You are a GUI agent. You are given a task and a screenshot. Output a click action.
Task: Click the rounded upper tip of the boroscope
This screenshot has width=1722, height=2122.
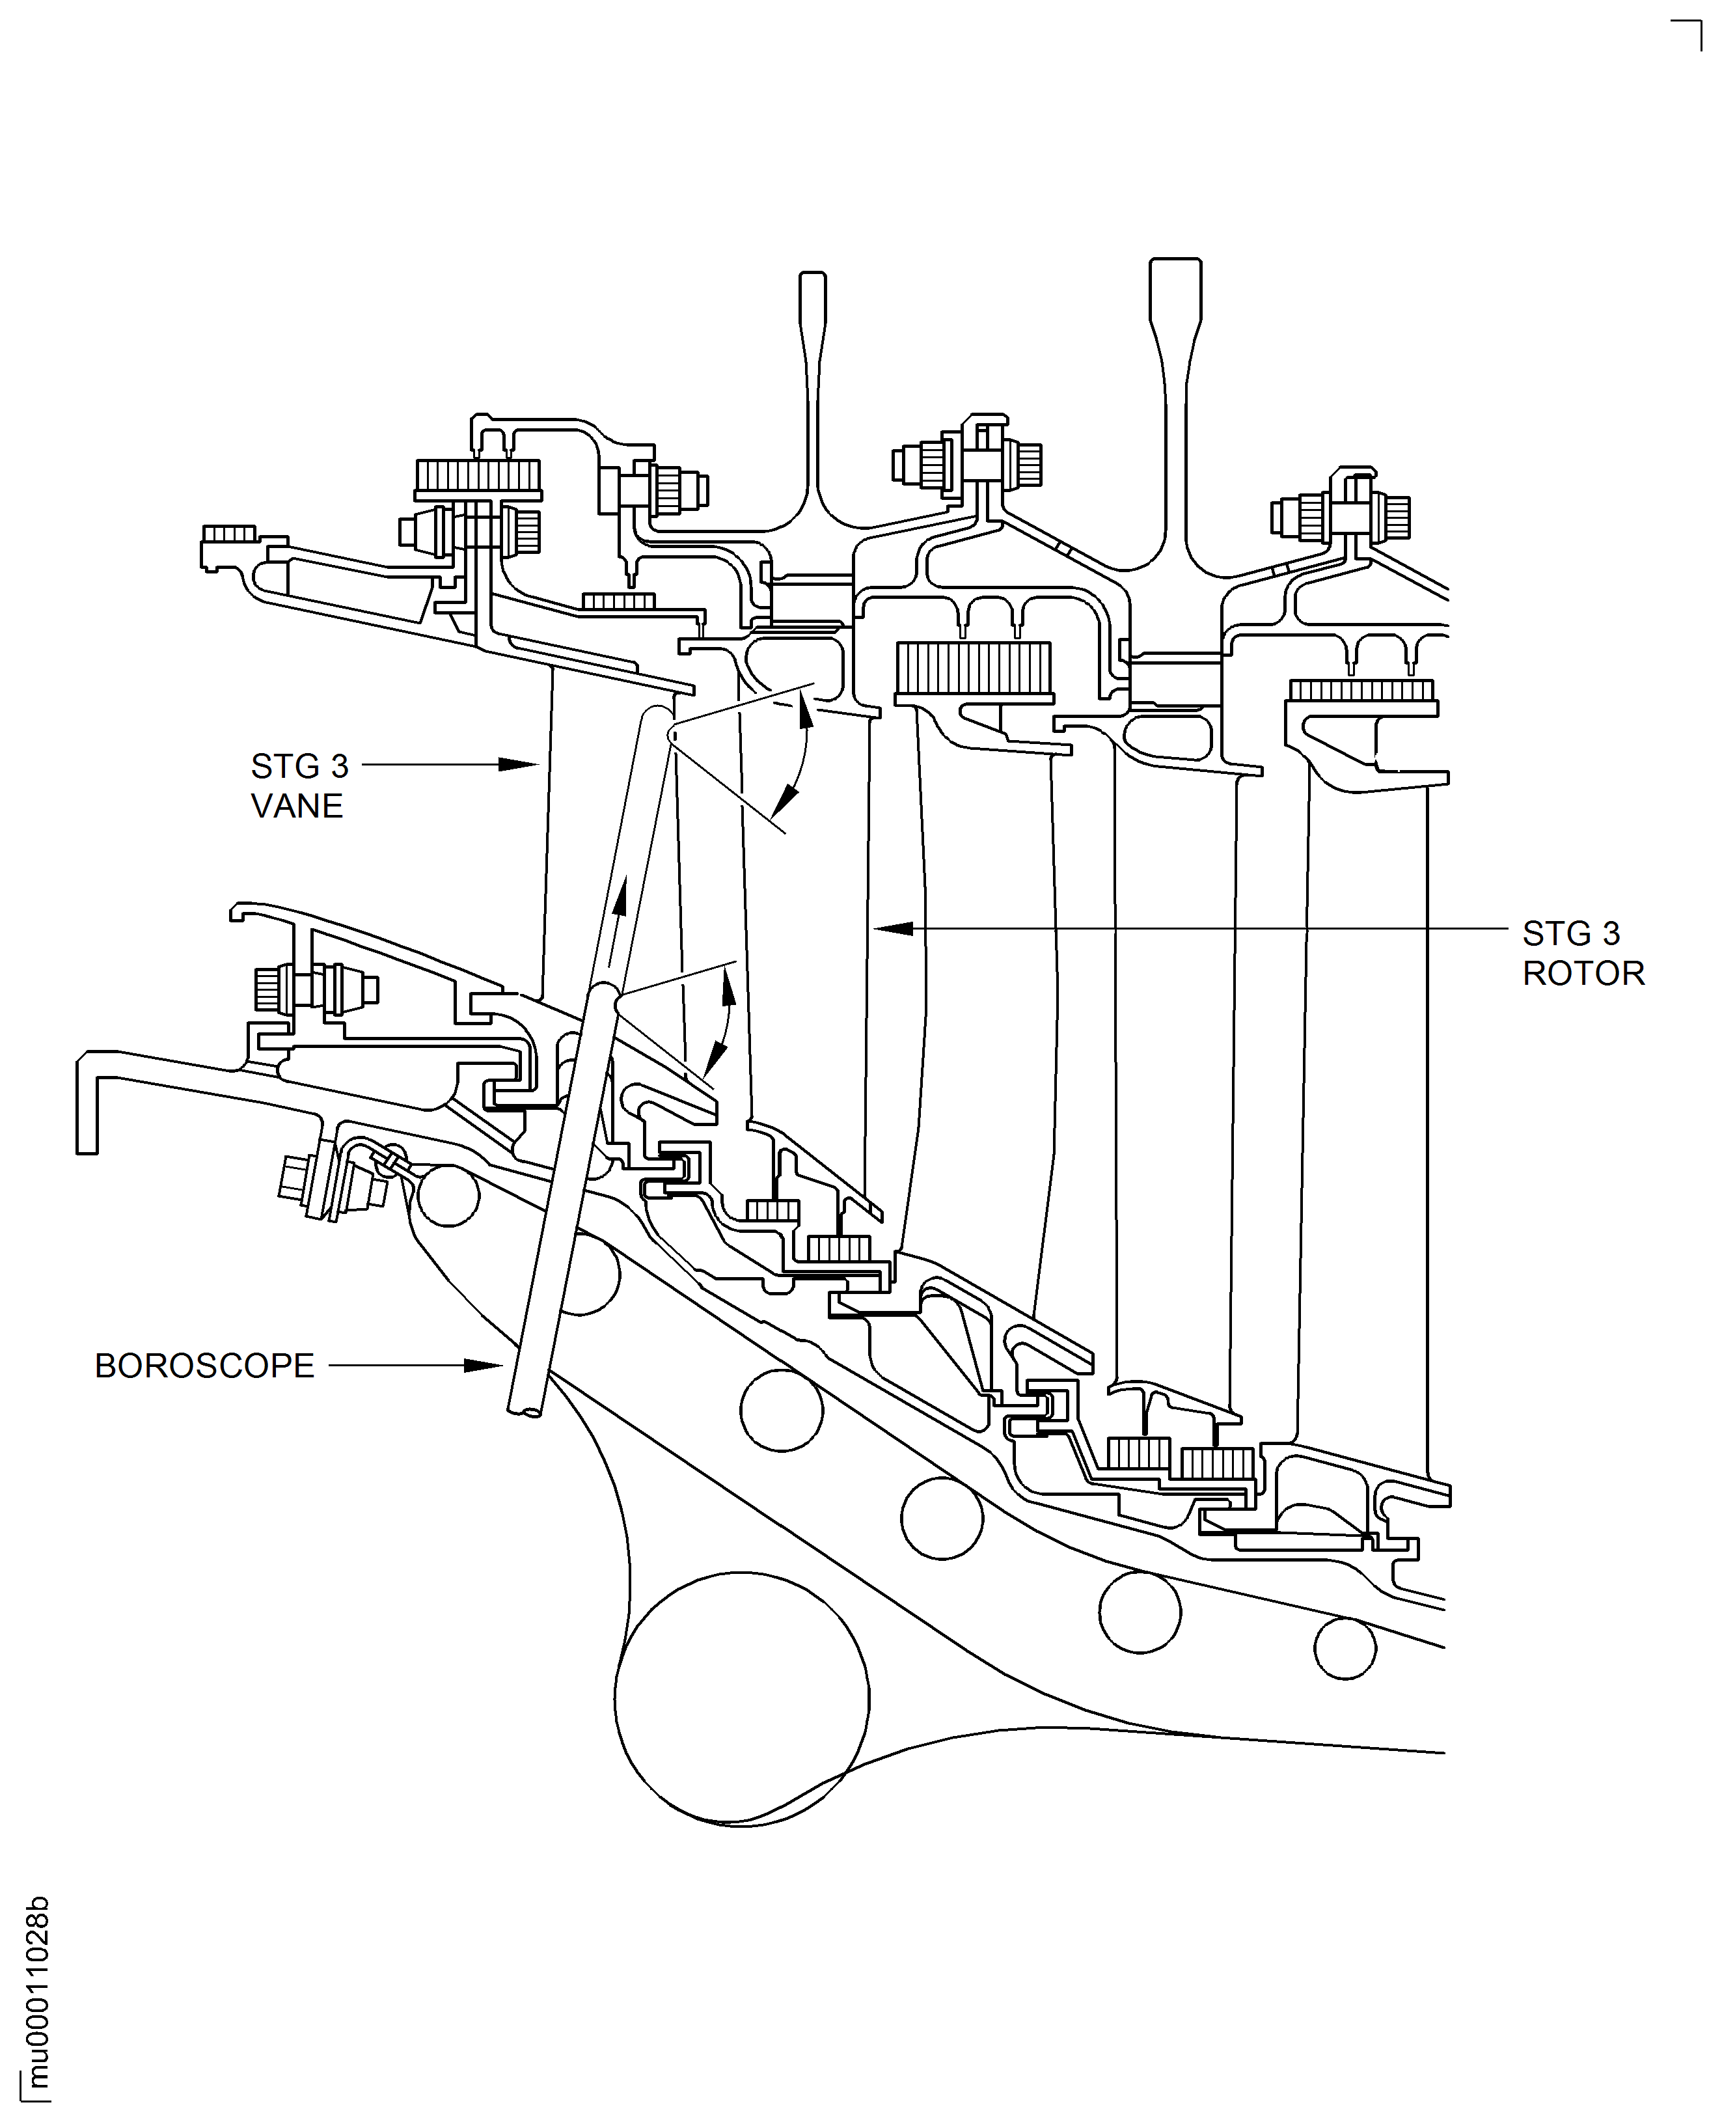[x=657, y=716]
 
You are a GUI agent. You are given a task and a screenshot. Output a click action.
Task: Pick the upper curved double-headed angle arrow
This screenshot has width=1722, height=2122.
[x=799, y=754]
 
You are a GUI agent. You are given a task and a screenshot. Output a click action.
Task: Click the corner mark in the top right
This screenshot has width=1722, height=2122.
[x=1691, y=32]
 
